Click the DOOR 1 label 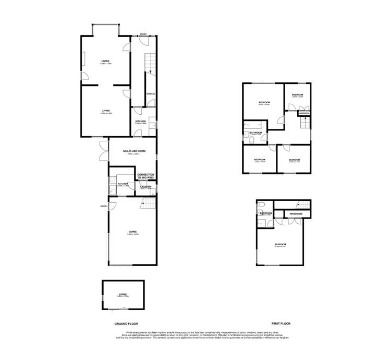coord(144,34)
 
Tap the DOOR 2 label coord(103,206)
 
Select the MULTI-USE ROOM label coord(134,150)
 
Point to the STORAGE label coord(150,94)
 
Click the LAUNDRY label coord(145,187)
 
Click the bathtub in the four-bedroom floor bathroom coord(252,126)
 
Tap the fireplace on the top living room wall coord(82,58)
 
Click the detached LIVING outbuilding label coord(123,294)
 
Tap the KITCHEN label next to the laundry coord(123,184)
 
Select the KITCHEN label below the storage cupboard coord(140,122)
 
